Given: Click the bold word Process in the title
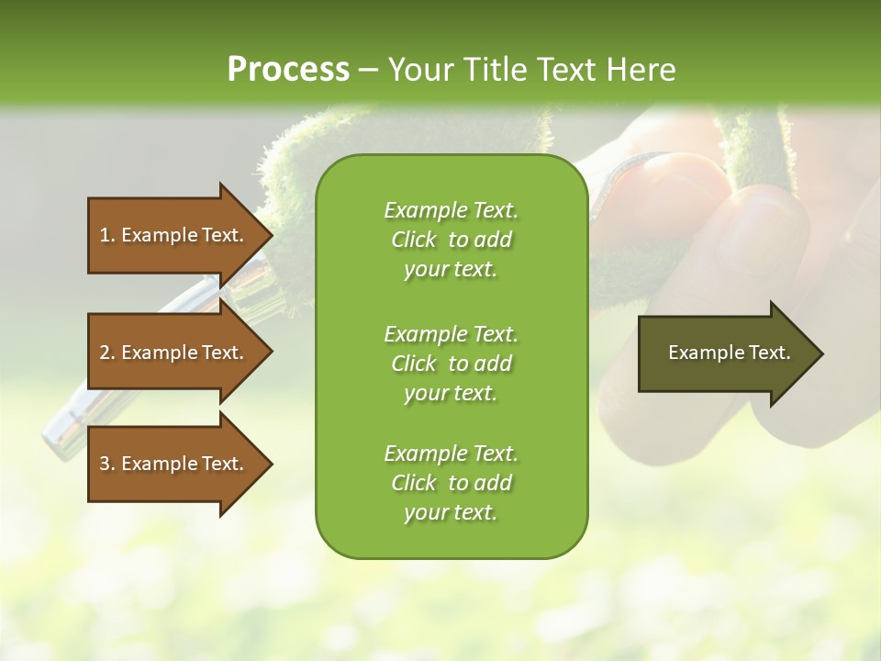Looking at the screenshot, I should click(x=288, y=70).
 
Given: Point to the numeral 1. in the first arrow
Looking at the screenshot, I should click(x=107, y=235).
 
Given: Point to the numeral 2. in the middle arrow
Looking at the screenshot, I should click(x=107, y=353).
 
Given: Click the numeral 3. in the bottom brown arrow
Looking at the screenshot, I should click(x=107, y=464).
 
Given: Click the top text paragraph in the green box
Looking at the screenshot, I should click(x=451, y=240).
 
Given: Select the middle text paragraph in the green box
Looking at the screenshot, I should click(x=451, y=364).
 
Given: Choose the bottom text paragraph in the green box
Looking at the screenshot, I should click(x=451, y=483).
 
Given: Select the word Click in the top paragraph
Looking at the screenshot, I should click(x=414, y=240).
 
